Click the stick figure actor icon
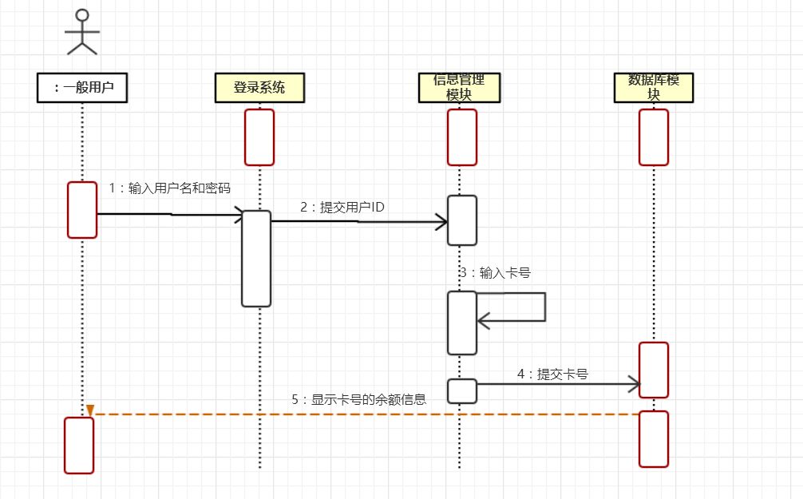81,32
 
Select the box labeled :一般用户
82,88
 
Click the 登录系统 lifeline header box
259,88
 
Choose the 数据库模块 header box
654,88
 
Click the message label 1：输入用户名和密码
169,188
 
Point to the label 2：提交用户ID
342,207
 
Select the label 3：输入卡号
495,272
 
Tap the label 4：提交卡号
552,373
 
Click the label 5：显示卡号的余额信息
358,400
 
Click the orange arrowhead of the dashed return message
90,410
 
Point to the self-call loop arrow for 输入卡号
519,307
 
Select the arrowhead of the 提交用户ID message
441,222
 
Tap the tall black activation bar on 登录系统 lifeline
256,258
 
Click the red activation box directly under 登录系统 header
259,137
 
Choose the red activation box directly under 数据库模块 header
654,137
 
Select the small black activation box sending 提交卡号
462,391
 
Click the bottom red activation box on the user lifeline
79,445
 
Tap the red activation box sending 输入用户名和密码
82,210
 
